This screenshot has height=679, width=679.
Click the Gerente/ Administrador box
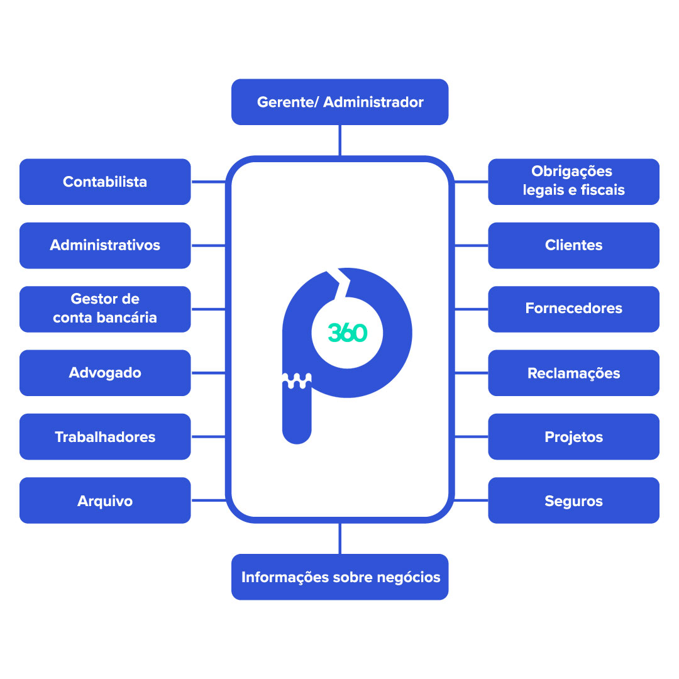tap(339, 102)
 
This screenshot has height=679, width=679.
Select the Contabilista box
tap(105, 182)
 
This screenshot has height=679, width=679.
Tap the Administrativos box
tap(105, 245)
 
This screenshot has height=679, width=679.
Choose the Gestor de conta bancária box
tap(105, 309)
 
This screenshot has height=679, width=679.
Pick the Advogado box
tap(105, 373)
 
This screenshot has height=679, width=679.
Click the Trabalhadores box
tap(105, 436)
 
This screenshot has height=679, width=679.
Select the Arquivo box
tap(105, 500)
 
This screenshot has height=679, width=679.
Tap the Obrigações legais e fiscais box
tap(573, 181)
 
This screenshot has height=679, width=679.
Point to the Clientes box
tap(573, 245)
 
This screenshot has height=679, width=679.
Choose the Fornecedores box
tap(573, 309)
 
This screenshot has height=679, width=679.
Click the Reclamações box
tap(573, 373)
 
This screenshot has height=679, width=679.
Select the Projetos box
tap(573, 436)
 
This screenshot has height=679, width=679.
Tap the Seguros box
tap(573, 500)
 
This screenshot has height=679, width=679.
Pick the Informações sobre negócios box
tap(339, 577)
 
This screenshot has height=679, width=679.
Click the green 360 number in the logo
tap(347, 333)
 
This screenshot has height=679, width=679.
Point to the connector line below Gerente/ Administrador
tap(339, 140)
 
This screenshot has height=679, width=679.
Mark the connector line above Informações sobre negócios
tap(339, 538)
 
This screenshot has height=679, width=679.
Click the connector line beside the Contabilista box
tap(207, 182)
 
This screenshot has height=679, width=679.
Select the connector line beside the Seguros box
tap(471, 500)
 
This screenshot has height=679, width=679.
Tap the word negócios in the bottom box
tap(409, 577)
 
